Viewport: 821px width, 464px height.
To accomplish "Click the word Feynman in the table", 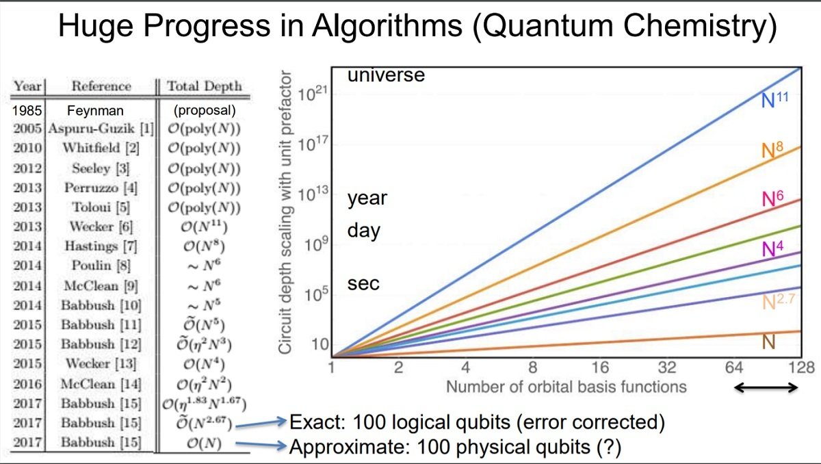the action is pyautogui.click(x=95, y=110).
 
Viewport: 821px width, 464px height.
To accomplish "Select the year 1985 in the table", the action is pyautogui.click(x=27, y=110).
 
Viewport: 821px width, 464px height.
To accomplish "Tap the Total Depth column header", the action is pyautogui.click(x=205, y=86).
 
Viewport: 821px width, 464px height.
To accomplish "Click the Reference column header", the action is pyautogui.click(x=101, y=86).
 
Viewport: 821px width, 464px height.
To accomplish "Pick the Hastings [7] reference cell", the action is pyautogui.click(x=101, y=246).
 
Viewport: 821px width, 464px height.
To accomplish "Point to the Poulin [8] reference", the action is pyautogui.click(x=101, y=266).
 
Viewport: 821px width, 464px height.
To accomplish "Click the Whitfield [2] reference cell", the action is pyautogui.click(x=101, y=148).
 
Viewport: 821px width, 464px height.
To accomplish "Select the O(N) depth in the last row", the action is pyautogui.click(x=204, y=443).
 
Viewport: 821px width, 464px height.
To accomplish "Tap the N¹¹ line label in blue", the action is pyautogui.click(x=774, y=99).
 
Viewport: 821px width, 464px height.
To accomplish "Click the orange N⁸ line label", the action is pyautogui.click(x=772, y=150).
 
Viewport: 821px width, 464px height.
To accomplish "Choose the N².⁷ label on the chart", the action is pyautogui.click(x=779, y=302).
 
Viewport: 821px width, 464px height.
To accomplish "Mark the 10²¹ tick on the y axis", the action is pyautogui.click(x=311, y=94).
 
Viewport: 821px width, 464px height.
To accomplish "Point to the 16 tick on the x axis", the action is pyautogui.click(x=600, y=368).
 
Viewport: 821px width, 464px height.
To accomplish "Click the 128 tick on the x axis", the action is pyautogui.click(x=801, y=368).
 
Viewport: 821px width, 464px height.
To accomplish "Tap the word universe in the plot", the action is pyautogui.click(x=386, y=75).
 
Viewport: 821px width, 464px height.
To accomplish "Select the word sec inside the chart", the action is pyautogui.click(x=363, y=284).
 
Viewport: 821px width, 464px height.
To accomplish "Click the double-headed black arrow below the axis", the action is pyautogui.click(x=766, y=388).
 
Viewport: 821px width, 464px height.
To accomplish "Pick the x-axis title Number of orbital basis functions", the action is pyautogui.click(x=566, y=387).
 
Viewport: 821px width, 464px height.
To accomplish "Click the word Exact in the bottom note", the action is pyautogui.click(x=317, y=422).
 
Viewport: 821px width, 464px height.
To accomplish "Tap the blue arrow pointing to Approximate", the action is pyautogui.click(x=261, y=445).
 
